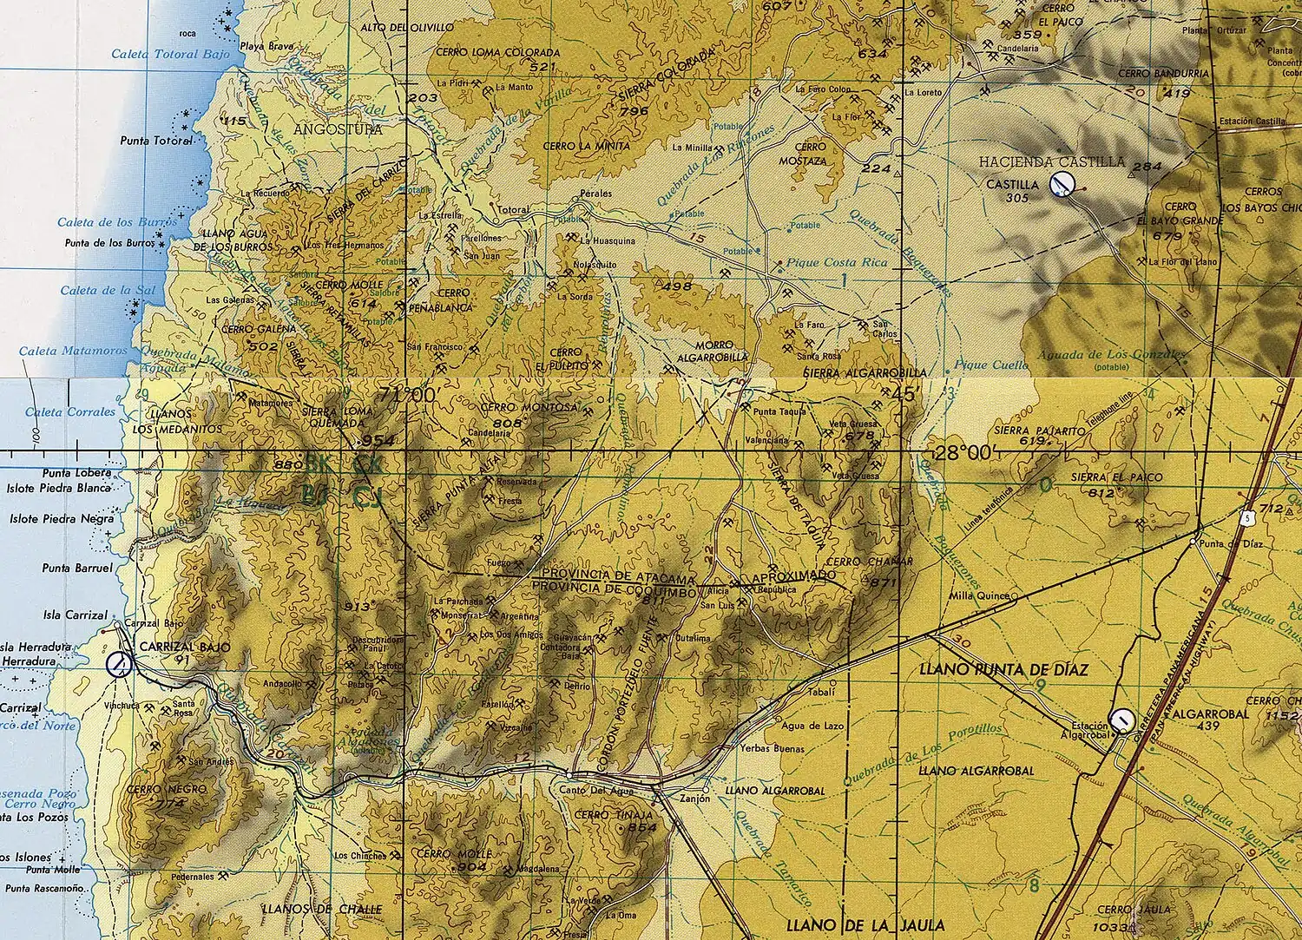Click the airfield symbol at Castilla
click(1062, 183)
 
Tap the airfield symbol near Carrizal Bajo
click(119, 665)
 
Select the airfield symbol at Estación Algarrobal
click(1121, 720)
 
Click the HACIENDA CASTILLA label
click(1051, 162)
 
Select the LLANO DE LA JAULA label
click(863, 925)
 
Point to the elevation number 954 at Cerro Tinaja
click(642, 827)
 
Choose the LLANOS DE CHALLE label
click(322, 909)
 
